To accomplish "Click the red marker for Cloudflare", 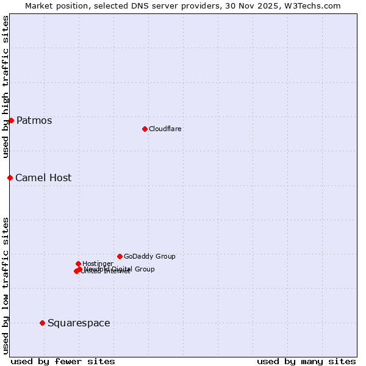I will [x=145, y=129].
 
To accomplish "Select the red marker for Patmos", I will [x=11, y=120].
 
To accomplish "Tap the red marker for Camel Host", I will [x=10, y=178].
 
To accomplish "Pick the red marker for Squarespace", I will [x=42, y=323].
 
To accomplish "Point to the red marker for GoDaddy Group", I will [x=120, y=256].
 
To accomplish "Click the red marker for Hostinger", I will [x=78, y=264].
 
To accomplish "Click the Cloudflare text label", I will [x=165, y=129].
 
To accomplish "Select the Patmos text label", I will [x=34, y=120].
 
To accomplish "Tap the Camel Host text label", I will [x=43, y=178].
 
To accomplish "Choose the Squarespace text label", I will [x=79, y=323].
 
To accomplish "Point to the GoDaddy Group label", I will [x=149, y=256].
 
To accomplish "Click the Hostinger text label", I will [x=98, y=264].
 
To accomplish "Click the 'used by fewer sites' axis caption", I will [x=63, y=361].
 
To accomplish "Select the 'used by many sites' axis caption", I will [x=306, y=361].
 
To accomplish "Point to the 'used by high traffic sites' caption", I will [x=5, y=87].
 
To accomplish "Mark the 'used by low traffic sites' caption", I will [x=5, y=285].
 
